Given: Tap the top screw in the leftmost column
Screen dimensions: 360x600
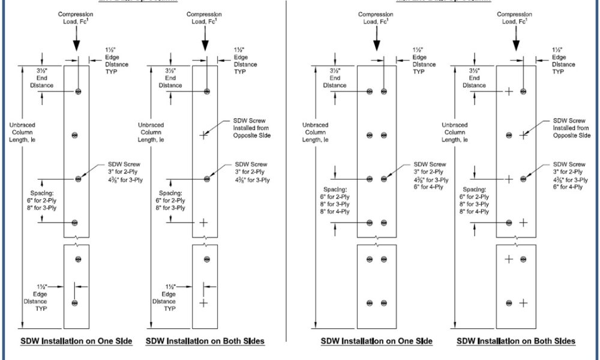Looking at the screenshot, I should [x=79, y=91].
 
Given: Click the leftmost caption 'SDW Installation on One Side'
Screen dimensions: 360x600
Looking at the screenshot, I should [x=76, y=341].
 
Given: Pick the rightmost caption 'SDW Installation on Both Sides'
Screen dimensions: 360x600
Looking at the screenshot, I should [x=516, y=341].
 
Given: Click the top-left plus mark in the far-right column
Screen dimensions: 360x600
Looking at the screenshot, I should [x=508, y=91].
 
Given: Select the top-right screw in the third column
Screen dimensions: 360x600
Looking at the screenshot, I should [x=384, y=91].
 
